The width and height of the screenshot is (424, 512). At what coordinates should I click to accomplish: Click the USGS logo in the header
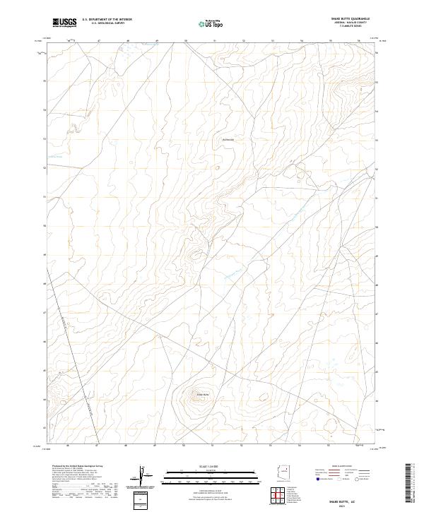pyautogui.click(x=65, y=23)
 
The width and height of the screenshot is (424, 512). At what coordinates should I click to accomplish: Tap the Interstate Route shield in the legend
pyautogui.click(x=319, y=479)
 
